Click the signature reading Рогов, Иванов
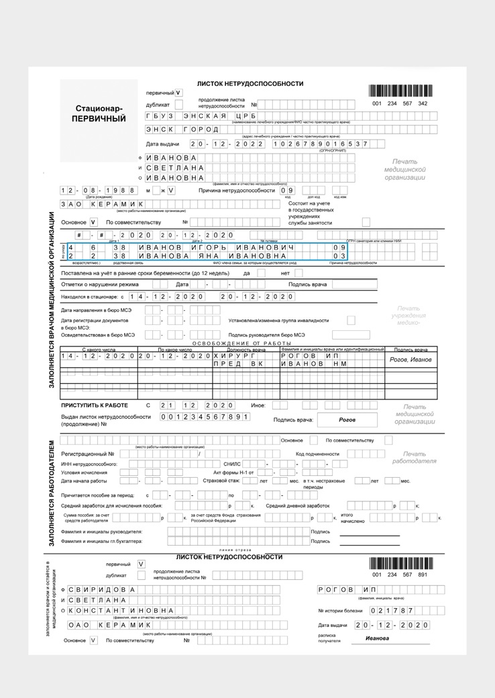pyautogui.click(x=410, y=360)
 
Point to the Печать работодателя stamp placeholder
pyautogui.click(x=419, y=458)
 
